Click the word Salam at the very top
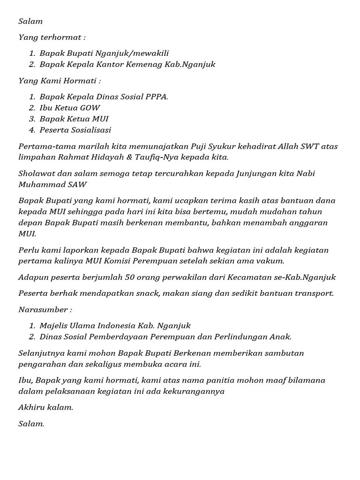point(30,21)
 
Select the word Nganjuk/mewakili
point(137,53)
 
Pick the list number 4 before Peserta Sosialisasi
point(32,130)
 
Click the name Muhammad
point(38,184)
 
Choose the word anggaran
point(304,222)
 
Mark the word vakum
point(272,261)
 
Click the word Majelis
point(53,326)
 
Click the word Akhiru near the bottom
point(32,407)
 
